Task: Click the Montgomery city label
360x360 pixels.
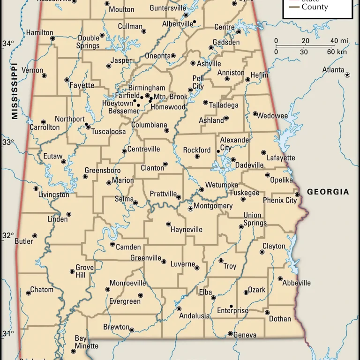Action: (213, 206)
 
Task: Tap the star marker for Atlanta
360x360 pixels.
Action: (347, 75)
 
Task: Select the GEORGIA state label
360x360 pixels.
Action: (328, 192)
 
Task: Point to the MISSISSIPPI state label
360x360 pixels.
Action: (15, 91)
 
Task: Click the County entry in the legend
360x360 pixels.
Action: (315, 7)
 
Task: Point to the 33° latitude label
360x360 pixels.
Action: (8, 142)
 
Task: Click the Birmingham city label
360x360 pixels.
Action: (147, 88)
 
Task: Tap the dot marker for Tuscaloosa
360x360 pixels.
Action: (88, 127)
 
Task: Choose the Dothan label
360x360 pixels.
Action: (280, 319)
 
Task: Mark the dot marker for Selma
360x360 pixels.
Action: (135, 203)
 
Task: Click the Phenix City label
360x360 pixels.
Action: (280, 200)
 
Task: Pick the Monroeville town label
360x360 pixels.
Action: (127, 283)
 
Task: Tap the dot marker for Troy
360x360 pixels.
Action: (221, 261)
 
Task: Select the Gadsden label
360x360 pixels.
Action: (226, 42)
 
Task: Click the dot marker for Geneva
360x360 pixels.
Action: (230, 334)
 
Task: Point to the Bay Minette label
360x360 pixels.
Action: (86, 342)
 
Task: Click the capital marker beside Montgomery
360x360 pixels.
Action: (190, 209)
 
